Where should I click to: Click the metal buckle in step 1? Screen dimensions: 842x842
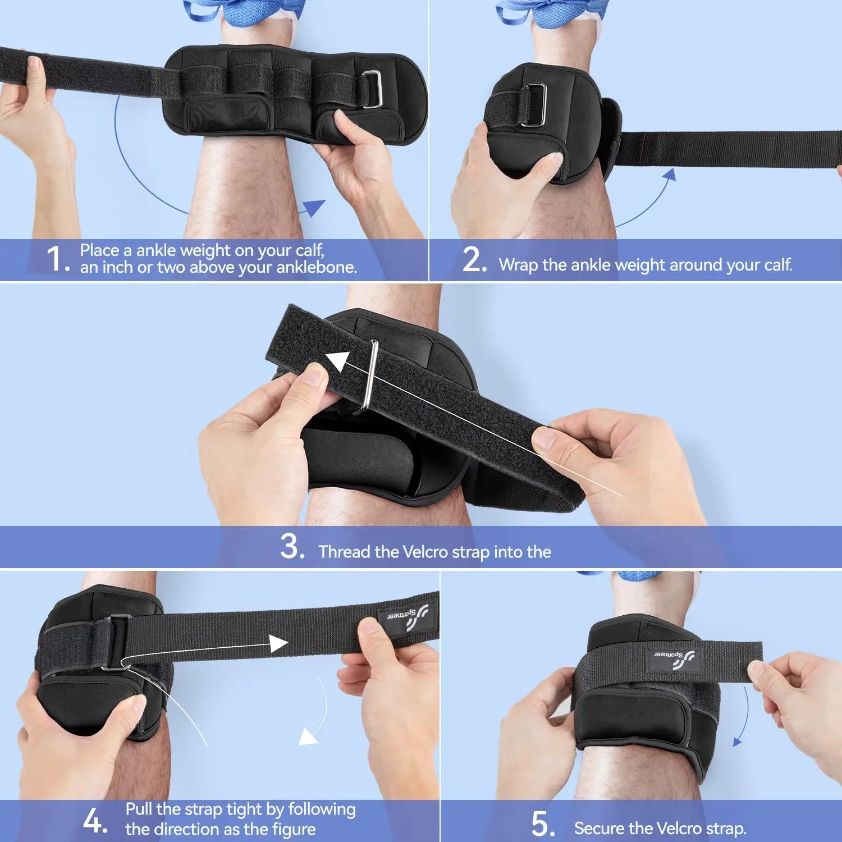click(371, 89)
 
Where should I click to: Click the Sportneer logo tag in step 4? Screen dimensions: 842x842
click(406, 617)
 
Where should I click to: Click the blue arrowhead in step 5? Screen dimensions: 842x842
click(737, 742)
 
